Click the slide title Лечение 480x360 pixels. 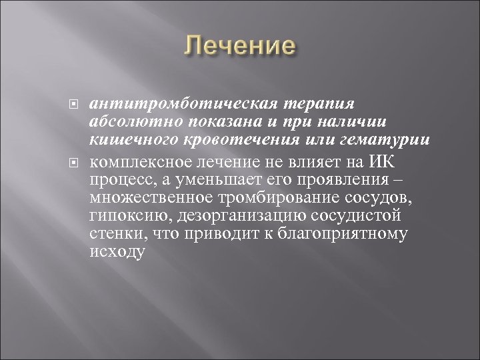(239, 47)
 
